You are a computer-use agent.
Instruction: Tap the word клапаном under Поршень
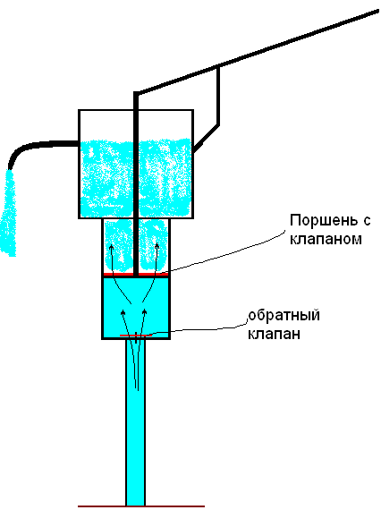click(326, 239)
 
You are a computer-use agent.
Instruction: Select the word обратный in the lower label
click(284, 316)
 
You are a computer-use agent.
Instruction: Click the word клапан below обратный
click(274, 334)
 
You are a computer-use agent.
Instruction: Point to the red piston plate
click(136, 275)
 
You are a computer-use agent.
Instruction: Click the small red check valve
click(136, 335)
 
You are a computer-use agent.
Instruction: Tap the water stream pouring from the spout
click(8, 213)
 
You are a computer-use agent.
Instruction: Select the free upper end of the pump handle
click(377, 11)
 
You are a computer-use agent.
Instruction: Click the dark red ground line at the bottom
click(141, 506)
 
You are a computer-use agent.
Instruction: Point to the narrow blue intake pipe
click(136, 422)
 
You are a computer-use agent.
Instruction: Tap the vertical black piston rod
click(136, 183)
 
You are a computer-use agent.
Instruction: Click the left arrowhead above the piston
click(112, 248)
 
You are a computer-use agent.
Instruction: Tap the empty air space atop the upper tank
click(136, 125)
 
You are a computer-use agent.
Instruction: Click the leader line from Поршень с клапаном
click(224, 253)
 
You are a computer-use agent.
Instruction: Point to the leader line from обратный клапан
click(199, 329)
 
